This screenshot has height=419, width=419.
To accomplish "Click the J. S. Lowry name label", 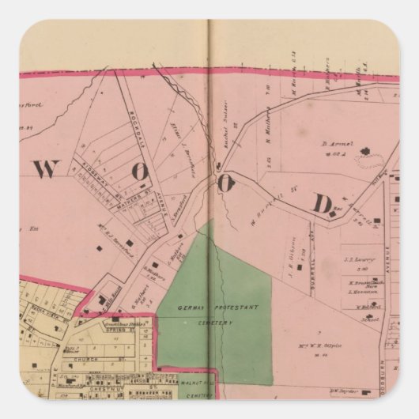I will click(356, 257).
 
